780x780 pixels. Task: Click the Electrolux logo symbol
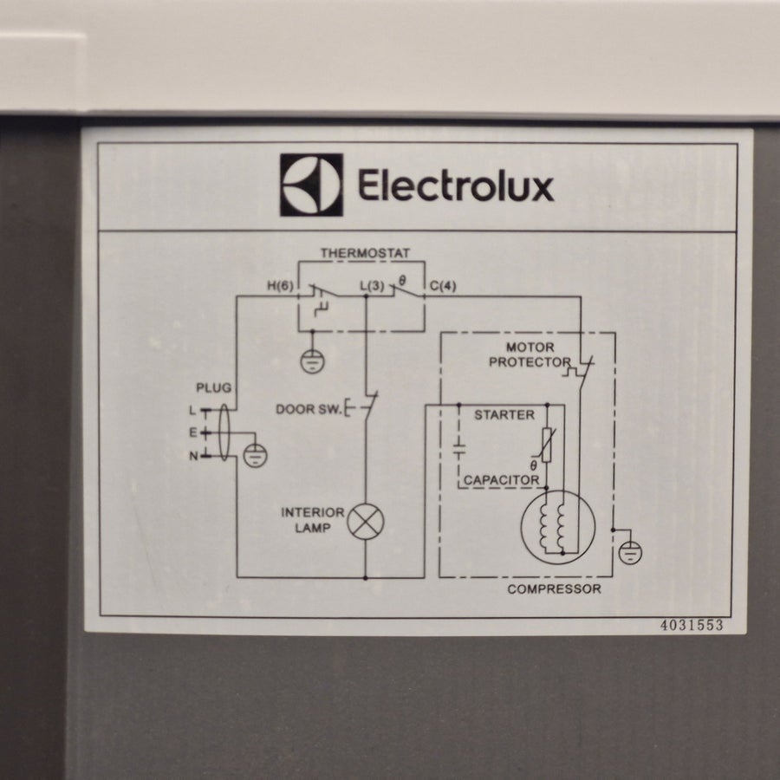[311, 185]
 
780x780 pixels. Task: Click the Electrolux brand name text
[456, 185]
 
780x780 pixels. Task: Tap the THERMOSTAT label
[366, 253]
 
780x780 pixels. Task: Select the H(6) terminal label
[281, 286]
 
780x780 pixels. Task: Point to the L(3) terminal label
[372, 286]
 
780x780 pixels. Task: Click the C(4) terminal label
[443, 286]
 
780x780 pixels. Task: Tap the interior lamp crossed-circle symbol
[366, 522]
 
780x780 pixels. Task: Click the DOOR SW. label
[309, 409]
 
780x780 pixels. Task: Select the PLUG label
[213, 387]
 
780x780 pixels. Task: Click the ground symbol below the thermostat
[312, 361]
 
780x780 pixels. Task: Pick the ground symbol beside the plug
[255, 455]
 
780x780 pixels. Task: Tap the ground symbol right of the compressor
[630, 553]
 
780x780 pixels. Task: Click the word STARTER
[504, 415]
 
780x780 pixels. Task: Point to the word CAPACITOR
[502, 480]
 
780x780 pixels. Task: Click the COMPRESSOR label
[554, 589]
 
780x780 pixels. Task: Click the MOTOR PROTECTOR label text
[530, 354]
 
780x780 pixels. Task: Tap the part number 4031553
[692, 625]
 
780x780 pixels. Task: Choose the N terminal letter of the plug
[193, 456]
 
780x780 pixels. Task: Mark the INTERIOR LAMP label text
[313, 520]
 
